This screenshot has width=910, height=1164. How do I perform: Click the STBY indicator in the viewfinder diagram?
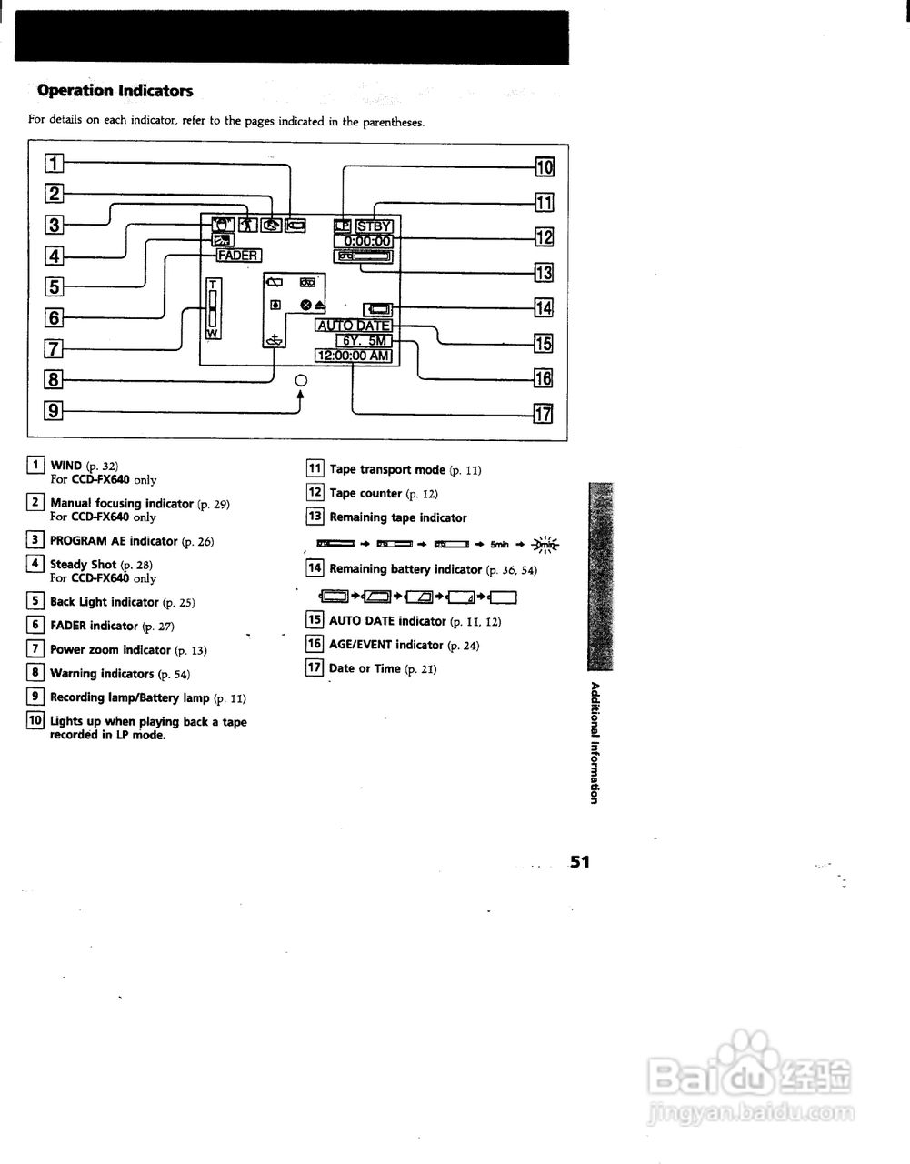coord(374,226)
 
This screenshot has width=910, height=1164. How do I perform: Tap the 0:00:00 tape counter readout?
coord(364,241)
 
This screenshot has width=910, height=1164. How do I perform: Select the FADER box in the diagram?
coord(238,256)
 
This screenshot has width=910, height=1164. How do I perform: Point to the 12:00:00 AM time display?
coord(354,356)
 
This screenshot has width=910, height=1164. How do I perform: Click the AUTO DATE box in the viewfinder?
coord(354,326)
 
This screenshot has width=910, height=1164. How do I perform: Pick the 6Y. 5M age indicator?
coord(363,340)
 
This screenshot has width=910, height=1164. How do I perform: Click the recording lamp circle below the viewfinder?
coord(302,380)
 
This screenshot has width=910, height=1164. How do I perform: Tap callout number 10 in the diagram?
coord(544,167)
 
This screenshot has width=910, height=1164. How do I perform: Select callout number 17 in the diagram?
coord(544,415)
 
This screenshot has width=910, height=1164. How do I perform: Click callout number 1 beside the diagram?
coord(55,165)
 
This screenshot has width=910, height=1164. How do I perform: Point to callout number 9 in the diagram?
coord(55,411)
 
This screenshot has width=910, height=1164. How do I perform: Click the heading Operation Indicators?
coord(115,91)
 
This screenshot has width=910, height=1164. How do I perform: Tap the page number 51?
coord(580,861)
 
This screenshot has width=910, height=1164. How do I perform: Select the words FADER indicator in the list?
coord(94,626)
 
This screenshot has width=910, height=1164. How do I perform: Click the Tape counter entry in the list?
coord(365,494)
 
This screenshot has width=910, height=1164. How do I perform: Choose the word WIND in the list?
coord(66,466)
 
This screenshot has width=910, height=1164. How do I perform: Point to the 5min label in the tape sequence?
coord(499,545)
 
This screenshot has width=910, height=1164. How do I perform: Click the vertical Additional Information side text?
coord(595,742)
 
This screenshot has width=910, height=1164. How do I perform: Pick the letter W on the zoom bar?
coord(211,334)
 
